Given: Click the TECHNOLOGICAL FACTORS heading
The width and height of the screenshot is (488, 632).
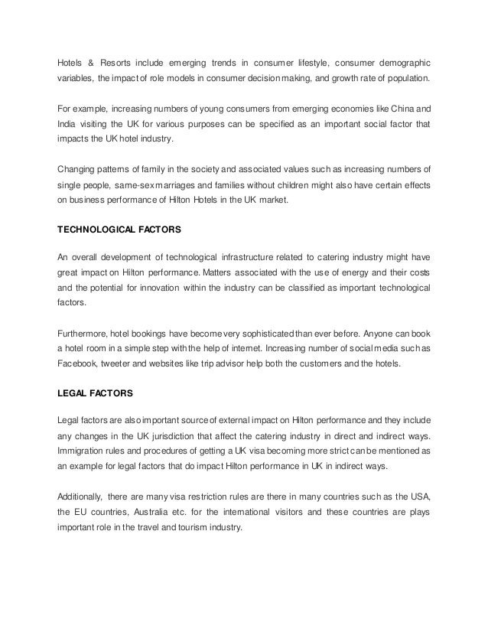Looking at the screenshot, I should coord(119,228).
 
